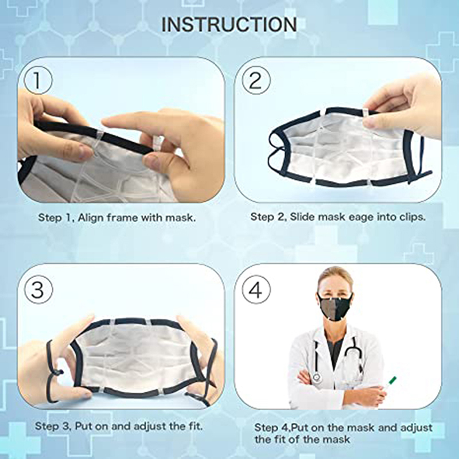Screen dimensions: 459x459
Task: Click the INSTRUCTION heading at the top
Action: coord(229,24)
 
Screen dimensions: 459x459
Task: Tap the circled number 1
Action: coord(38,80)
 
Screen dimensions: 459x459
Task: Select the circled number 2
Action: coord(256,80)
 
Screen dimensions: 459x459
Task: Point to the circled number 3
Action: coord(38,290)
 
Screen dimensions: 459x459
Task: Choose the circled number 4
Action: coord(256,290)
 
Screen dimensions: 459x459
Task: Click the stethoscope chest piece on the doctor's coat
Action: coord(316,378)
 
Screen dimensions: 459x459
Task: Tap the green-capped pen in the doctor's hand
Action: coord(388,383)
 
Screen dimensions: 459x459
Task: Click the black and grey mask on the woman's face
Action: coord(335,306)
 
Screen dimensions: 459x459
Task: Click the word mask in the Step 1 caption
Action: coord(180,217)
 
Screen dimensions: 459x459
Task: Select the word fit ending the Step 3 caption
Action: coord(195,426)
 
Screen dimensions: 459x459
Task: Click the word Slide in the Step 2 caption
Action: coord(302,217)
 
